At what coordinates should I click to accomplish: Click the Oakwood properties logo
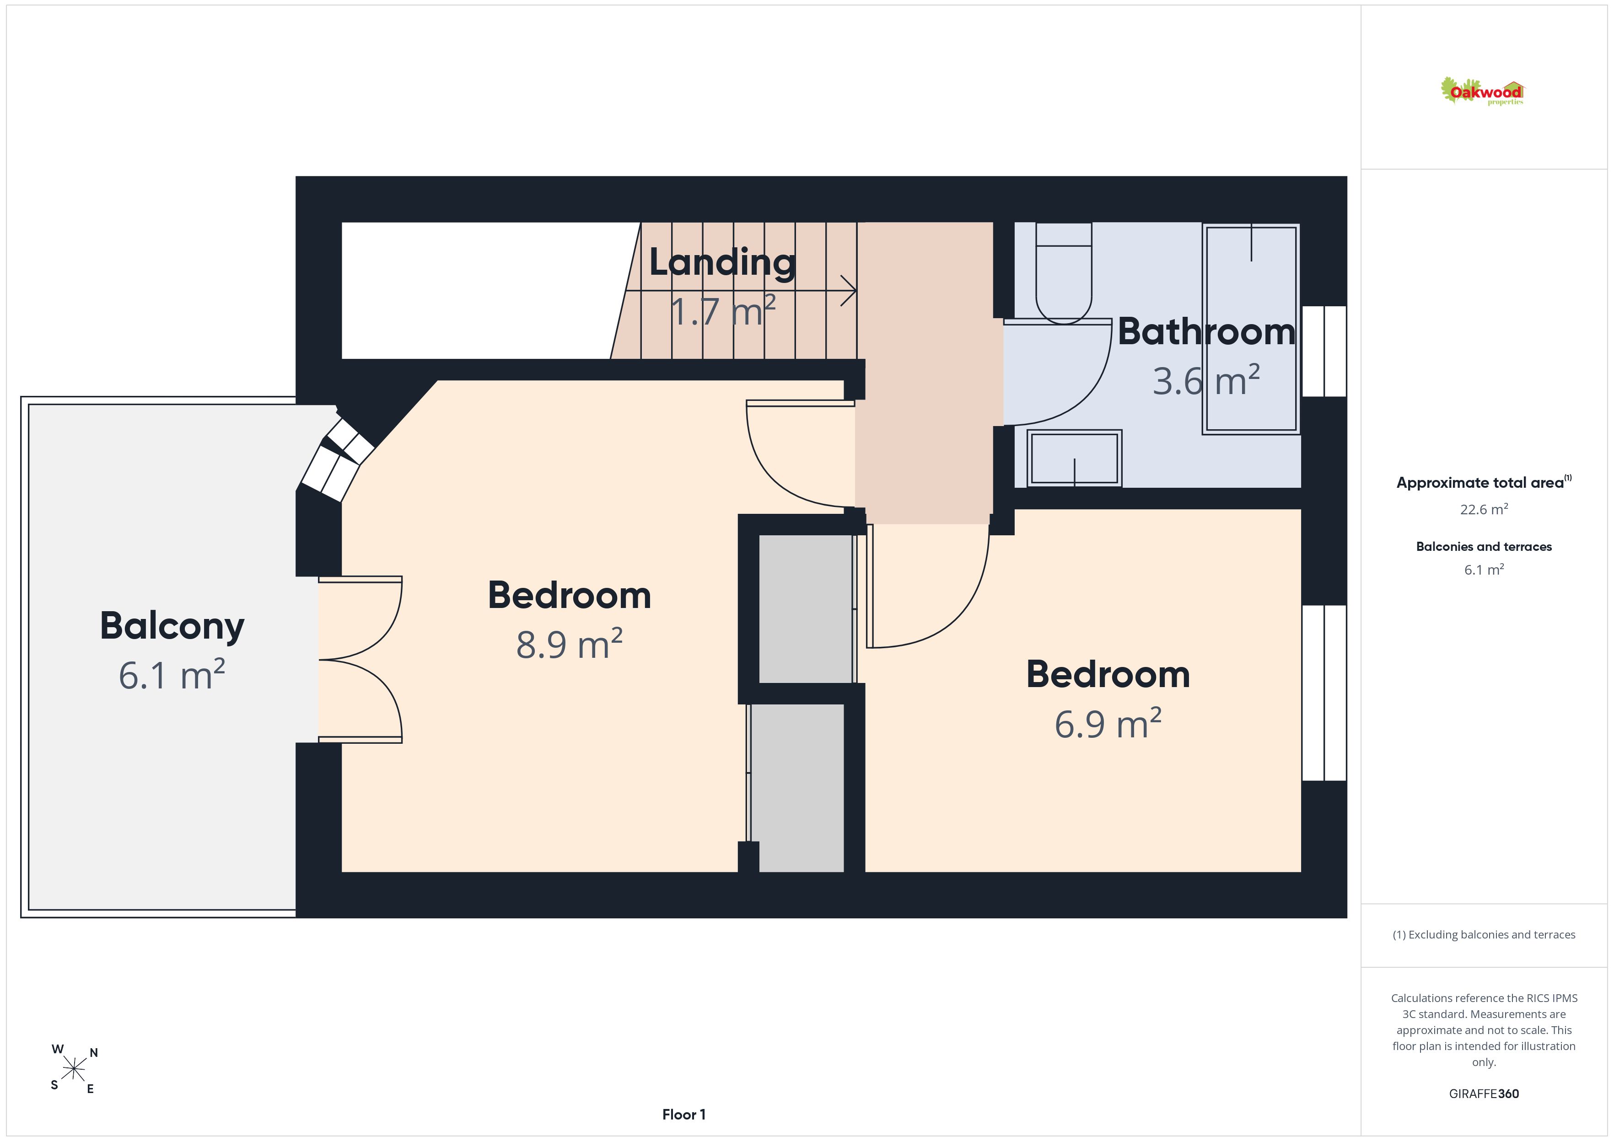(1482, 92)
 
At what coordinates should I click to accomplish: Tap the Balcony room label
(172, 626)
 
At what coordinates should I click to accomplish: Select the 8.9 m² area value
(570, 644)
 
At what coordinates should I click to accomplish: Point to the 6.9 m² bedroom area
(1108, 723)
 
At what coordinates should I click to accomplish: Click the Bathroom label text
(1206, 331)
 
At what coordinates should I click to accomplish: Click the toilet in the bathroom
(1064, 273)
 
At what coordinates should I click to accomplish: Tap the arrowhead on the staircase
(849, 290)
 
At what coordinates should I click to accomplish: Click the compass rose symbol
(74, 1069)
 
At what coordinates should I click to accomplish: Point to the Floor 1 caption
(684, 1114)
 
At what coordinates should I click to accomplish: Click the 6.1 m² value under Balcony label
(172, 675)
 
